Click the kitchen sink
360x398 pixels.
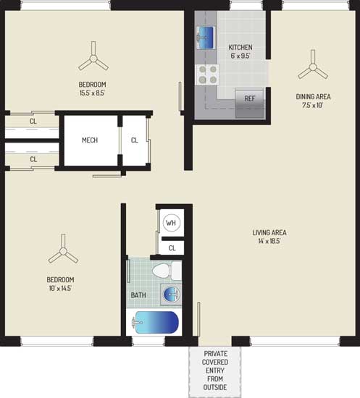click(x=206, y=38)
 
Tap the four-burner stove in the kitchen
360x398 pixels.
click(x=207, y=75)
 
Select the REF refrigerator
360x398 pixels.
click(x=250, y=103)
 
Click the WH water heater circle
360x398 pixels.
click(x=171, y=223)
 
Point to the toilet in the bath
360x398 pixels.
click(x=167, y=271)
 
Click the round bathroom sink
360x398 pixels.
click(x=172, y=295)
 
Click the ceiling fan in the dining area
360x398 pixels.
click(x=313, y=67)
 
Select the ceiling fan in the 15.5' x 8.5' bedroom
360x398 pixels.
click(x=93, y=58)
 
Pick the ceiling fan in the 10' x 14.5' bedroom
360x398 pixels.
click(x=63, y=250)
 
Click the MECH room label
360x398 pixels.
click(x=90, y=140)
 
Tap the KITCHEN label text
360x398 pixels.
click(x=240, y=47)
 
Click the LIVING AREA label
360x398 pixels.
click(x=269, y=232)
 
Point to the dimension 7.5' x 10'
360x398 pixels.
click(x=313, y=105)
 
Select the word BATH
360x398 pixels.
click(x=138, y=295)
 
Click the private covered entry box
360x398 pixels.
click(x=215, y=372)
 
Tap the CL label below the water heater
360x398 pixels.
click(x=172, y=248)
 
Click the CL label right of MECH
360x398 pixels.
click(x=135, y=140)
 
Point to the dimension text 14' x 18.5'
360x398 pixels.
click(x=269, y=241)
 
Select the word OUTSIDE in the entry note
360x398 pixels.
click(x=215, y=387)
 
